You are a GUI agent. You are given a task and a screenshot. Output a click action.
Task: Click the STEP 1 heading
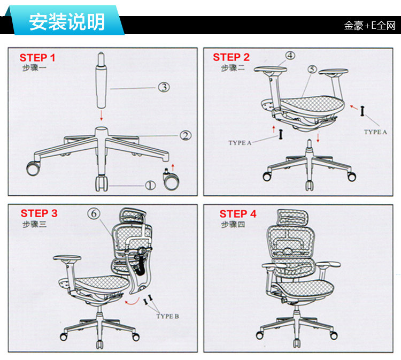[x=37, y=58]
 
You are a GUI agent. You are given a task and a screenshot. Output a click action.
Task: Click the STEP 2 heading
[x=231, y=57]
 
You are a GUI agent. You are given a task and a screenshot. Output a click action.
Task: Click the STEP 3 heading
[x=39, y=213]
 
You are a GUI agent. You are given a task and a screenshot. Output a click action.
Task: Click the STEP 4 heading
[x=238, y=213]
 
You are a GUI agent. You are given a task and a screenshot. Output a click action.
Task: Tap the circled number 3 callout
[x=164, y=87]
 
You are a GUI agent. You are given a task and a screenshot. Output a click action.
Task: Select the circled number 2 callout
[x=185, y=136]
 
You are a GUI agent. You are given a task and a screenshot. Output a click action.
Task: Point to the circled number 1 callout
[x=150, y=185]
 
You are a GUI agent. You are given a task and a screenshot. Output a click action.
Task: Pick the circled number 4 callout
[x=290, y=56]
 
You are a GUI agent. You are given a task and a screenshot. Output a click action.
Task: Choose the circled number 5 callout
[x=313, y=70]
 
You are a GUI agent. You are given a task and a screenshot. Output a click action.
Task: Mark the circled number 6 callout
[x=94, y=213]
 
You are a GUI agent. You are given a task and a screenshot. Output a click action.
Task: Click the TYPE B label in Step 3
[x=167, y=316]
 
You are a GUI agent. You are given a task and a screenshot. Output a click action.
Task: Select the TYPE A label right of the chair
[x=375, y=132]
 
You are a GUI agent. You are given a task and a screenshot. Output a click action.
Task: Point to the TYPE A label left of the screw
[x=240, y=143]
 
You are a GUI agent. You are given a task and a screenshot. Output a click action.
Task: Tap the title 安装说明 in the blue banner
[x=67, y=22]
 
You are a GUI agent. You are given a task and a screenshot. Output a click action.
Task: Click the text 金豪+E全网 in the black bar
[x=369, y=26]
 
